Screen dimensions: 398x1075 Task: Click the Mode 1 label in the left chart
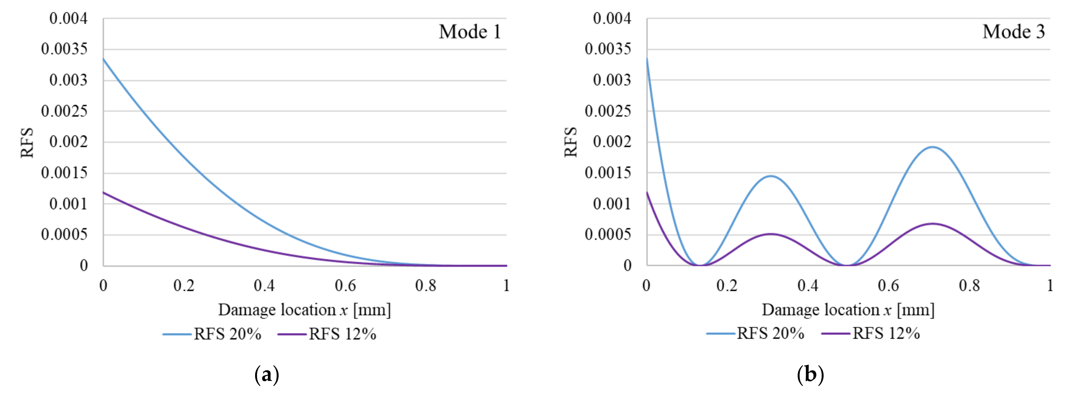(x=470, y=32)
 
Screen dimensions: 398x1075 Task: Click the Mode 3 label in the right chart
(x=1013, y=32)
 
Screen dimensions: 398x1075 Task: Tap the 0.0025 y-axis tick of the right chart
(x=608, y=111)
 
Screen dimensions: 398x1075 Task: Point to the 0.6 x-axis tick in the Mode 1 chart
(x=345, y=286)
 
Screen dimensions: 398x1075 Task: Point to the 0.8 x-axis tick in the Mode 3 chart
(x=969, y=286)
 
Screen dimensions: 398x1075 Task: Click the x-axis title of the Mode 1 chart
(x=304, y=310)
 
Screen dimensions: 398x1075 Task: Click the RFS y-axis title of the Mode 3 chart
(x=570, y=142)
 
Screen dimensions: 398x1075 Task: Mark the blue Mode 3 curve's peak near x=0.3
(x=771, y=176)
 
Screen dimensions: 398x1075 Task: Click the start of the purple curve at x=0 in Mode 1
(x=104, y=192)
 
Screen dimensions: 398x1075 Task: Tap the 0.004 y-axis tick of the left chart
(x=69, y=18)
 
